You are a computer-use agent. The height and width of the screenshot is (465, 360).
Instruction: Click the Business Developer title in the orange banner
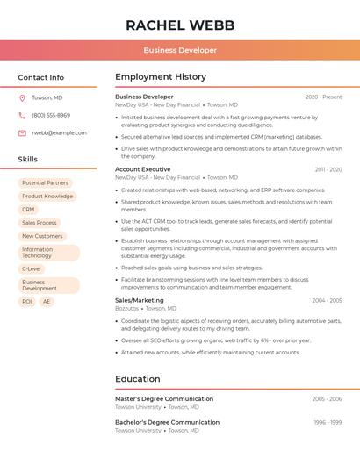point(180,50)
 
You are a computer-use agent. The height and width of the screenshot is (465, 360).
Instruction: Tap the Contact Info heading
point(40,77)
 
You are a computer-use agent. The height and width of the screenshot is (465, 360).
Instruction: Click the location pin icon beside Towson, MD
point(22,97)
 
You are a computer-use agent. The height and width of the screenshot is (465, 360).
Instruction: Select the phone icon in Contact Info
point(22,115)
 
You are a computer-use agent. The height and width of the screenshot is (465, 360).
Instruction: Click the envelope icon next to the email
point(22,132)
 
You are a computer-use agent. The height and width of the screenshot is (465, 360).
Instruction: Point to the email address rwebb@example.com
point(59,132)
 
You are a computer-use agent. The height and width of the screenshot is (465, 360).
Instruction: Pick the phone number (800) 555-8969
point(51,115)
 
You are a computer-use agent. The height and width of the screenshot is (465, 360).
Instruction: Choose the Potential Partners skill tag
point(45,183)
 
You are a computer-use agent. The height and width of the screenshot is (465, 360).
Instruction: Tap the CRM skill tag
point(28,210)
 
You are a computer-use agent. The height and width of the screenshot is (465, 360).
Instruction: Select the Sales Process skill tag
point(40,223)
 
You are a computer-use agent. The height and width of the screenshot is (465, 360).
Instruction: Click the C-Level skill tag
point(32,268)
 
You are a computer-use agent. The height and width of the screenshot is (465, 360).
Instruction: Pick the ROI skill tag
point(27,301)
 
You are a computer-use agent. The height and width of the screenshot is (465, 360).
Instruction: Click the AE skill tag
point(47,301)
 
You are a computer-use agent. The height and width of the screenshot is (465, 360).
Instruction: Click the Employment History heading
point(160,77)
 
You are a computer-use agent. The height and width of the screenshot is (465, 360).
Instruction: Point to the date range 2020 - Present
point(323,97)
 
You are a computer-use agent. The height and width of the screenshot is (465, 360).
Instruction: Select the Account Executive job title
point(142,169)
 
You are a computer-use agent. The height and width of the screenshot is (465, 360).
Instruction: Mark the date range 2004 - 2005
point(327,300)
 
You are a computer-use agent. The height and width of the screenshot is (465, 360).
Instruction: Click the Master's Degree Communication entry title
point(164,398)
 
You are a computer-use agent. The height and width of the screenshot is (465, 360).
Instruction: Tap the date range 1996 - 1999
point(328,422)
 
